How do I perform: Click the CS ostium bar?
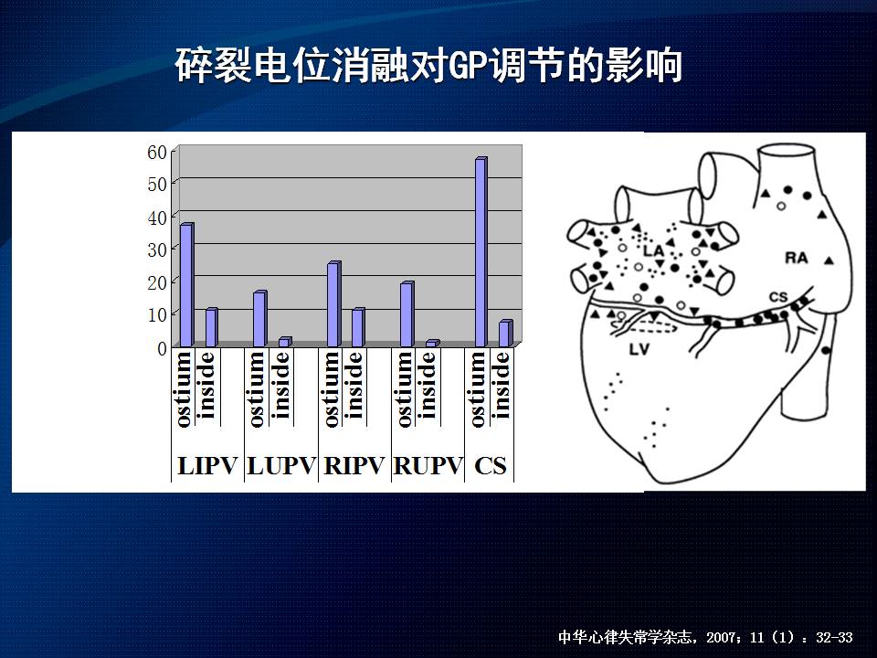pyautogui.click(x=481, y=252)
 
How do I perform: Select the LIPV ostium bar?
pyautogui.click(x=186, y=285)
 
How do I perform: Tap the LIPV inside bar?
pyautogui.click(x=211, y=327)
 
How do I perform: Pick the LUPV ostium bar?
pyautogui.click(x=259, y=319)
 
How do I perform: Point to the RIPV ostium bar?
pyautogui.click(x=333, y=304)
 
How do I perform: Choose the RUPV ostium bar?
pyautogui.click(x=407, y=314)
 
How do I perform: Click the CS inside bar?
pyautogui.click(x=505, y=334)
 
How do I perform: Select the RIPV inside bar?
pyautogui.click(x=358, y=327)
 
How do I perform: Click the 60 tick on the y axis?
pyautogui.click(x=157, y=153)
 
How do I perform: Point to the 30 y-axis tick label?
pyautogui.click(x=157, y=250)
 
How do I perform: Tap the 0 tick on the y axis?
pyautogui.click(x=163, y=348)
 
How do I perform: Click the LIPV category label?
pyautogui.click(x=207, y=466)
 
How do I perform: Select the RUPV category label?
pyautogui.click(x=428, y=466)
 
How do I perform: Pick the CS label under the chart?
pyautogui.click(x=490, y=466)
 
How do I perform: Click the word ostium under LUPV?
pyautogui.click(x=256, y=389)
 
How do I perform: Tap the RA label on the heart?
pyautogui.click(x=797, y=258)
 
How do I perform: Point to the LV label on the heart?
pyautogui.click(x=639, y=350)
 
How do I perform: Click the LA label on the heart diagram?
pyautogui.click(x=653, y=250)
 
